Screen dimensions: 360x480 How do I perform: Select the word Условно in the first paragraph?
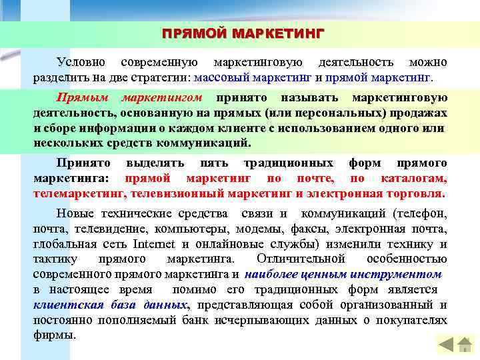point(81,62)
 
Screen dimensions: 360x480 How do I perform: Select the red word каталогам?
point(413,178)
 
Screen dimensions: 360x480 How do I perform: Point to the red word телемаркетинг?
point(79,193)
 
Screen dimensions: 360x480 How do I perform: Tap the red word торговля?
point(411,193)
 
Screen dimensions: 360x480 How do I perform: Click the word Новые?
point(76,213)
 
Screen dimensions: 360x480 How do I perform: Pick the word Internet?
point(153,243)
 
